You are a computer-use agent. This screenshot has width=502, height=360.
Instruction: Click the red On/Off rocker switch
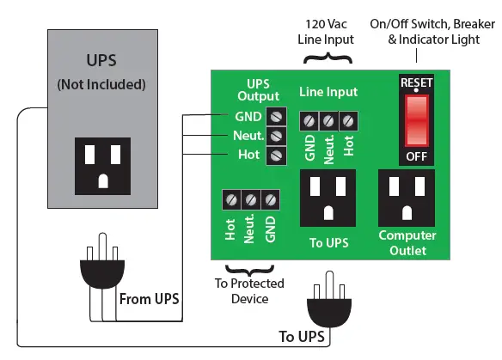416,119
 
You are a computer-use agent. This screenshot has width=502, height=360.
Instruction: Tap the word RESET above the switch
416,83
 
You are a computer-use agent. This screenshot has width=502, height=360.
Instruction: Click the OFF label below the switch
416,157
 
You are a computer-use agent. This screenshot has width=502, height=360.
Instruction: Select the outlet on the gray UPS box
102,164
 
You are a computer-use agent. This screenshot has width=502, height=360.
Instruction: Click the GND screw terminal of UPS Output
276,116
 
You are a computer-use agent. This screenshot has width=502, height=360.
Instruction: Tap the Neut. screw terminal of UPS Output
276,136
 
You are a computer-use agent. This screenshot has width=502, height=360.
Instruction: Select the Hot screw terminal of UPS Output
276,155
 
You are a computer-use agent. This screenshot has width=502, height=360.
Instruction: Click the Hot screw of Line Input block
347,121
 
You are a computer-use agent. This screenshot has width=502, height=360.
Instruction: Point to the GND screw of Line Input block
309,121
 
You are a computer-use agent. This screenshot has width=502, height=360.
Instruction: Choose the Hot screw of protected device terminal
231,200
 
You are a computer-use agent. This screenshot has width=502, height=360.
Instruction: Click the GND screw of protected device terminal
270,200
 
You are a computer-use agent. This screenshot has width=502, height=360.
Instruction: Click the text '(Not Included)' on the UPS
102,85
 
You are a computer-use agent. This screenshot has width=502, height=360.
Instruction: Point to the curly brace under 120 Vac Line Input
328,58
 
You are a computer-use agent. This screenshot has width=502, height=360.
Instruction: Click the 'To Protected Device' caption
249,291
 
